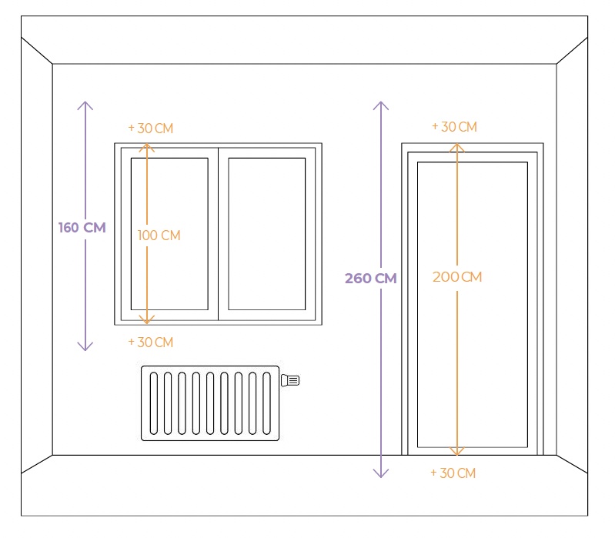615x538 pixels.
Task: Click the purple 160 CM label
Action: [82, 228]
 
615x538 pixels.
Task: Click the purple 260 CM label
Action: [370, 279]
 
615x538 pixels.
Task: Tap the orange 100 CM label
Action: [159, 236]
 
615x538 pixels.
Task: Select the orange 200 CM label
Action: [457, 277]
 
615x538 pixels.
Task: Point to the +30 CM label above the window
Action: [151, 129]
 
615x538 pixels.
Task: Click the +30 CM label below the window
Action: [151, 342]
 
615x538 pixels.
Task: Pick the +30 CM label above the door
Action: [454, 126]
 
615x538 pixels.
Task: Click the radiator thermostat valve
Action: [291, 379]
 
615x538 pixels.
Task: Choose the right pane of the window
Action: [266, 233]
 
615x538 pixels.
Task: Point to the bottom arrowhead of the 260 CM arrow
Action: [379, 474]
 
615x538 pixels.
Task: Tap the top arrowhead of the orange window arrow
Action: [147, 146]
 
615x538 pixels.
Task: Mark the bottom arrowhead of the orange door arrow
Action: [457, 451]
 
